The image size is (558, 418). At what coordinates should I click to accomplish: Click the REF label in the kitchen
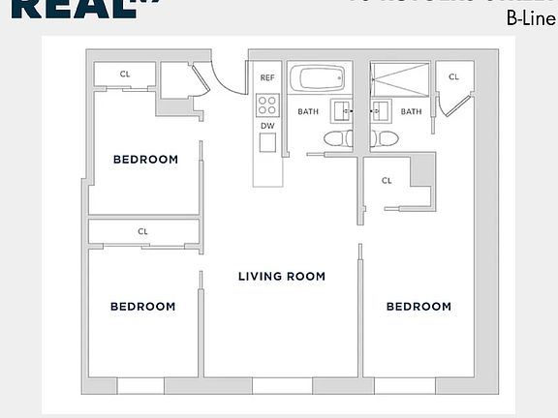[267, 76]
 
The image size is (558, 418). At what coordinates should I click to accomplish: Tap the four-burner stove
[267, 104]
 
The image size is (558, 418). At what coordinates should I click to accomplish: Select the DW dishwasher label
[267, 126]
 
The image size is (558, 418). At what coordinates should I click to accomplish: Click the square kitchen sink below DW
[267, 143]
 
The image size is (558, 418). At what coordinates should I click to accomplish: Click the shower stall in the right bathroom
[400, 77]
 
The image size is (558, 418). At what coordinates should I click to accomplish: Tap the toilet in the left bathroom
[335, 138]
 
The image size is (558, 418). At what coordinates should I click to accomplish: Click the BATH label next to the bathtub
[308, 111]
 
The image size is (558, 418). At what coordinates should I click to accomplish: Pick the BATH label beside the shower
[412, 111]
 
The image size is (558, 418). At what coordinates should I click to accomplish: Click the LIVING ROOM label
[282, 277]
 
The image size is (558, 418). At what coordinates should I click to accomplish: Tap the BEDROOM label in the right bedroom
[418, 307]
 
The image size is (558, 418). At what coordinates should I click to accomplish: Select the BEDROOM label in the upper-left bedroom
[145, 160]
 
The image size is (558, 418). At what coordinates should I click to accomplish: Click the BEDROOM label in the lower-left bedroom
[142, 307]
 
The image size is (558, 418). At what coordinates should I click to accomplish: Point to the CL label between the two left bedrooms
[142, 231]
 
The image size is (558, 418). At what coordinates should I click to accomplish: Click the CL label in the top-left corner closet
[125, 74]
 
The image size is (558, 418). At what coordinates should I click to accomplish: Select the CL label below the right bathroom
[387, 180]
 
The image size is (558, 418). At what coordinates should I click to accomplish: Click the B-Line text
[531, 16]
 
